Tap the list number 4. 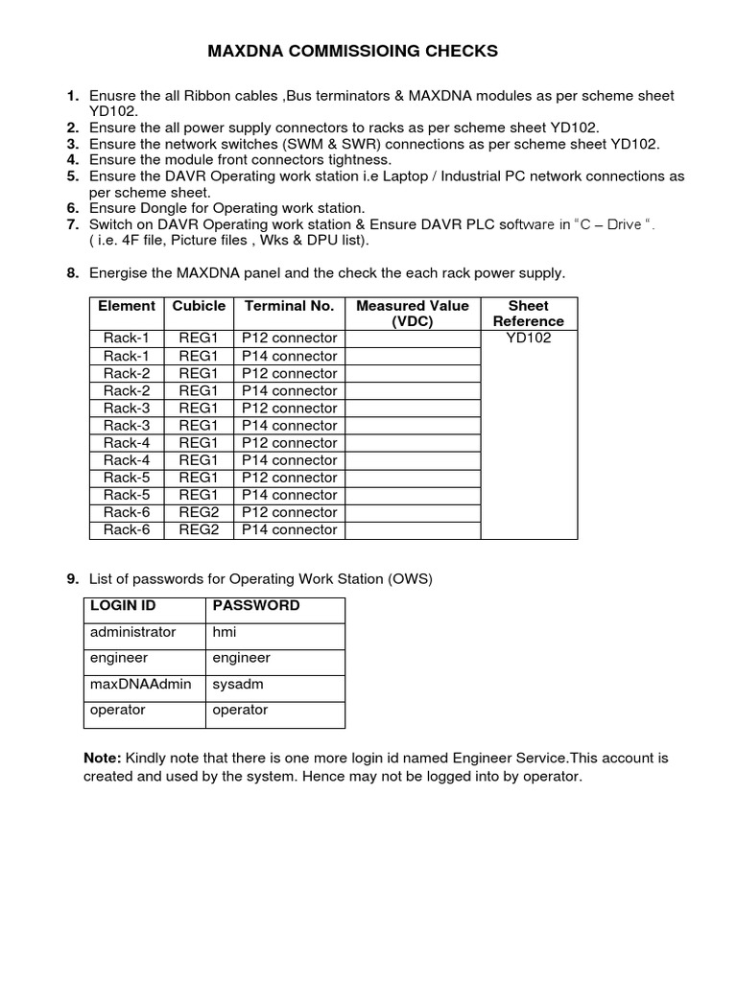(72, 159)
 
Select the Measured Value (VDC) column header (413, 314)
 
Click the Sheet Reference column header (528, 314)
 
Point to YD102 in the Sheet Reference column (528, 338)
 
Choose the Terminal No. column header (289, 306)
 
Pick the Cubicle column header (199, 306)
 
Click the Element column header (127, 306)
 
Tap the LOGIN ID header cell (123, 606)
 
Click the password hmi (224, 632)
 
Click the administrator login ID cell (133, 632)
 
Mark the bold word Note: (103, 758)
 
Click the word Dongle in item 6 (163, 208)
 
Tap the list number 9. (72, 578)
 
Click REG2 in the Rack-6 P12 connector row (199, 512)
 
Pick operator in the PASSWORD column (240, 710)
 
